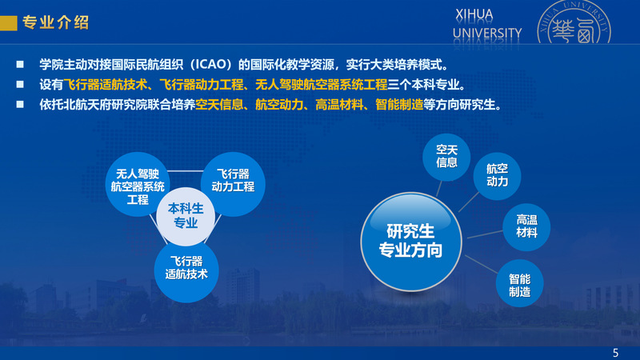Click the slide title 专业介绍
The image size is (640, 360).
point(55,22)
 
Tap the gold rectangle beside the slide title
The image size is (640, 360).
point(9,23)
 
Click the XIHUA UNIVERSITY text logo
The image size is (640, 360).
point(487,25)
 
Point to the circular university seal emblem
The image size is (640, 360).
point(574,22)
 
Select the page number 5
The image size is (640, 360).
point(615,353)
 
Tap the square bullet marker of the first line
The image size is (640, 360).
point(19,65)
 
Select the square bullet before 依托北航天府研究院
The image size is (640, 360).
point(19,105)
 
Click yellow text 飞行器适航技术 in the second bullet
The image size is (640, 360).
point(106,85)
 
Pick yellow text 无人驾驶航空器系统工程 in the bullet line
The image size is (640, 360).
point(322,85)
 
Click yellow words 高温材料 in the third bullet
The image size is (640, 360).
point(339,105)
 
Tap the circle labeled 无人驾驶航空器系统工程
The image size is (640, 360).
point(138,184)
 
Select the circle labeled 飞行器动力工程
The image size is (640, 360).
point(233,184)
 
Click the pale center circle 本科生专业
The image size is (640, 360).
point(186,216)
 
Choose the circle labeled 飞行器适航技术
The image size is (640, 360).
point(186,270)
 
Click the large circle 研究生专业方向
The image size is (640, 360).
point(411,242)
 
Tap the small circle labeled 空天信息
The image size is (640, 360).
point(446,157)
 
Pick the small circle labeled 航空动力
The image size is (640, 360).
point(497,176)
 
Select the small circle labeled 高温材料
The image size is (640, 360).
point(526,227)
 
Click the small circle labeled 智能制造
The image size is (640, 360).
point(519,283)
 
